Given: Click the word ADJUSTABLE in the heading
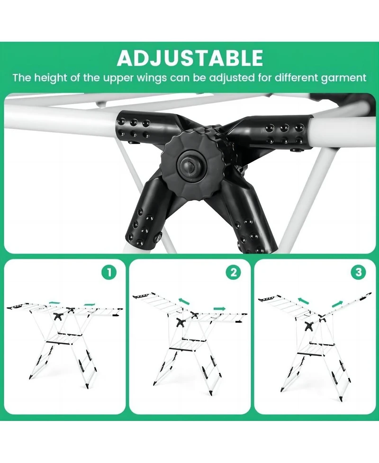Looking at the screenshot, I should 189,58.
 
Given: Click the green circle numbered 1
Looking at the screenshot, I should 109,272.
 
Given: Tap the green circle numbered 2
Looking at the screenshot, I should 233,272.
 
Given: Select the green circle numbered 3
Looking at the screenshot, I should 358,272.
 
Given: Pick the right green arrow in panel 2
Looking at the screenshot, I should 220,309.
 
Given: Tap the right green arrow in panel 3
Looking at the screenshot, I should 337,303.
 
